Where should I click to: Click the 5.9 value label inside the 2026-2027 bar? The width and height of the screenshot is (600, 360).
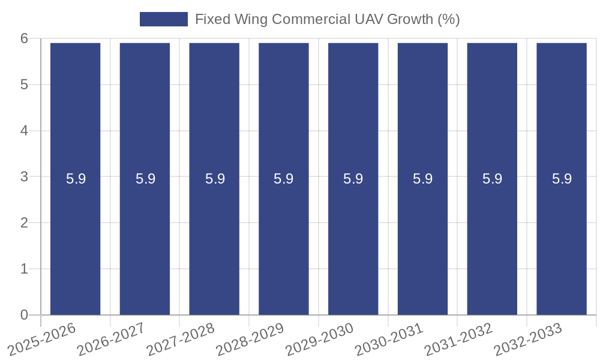(x=145, y=179)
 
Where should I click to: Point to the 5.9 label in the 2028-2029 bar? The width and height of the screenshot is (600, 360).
(x=283, y=179)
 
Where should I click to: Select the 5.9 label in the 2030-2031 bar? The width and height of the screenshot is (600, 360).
(x=422, y=179)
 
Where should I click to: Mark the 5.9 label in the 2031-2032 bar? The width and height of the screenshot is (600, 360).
(x=492, y=179)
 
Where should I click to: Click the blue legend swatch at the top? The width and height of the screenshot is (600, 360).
(x=163, y=19)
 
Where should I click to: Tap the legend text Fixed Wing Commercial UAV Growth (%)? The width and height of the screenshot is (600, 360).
(x=327, y=19)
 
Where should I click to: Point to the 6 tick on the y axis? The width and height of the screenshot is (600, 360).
(x=24, y=38)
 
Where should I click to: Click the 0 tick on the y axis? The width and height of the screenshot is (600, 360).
(x=24, y=315)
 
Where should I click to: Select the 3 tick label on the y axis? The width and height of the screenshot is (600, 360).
(x=24, y=176)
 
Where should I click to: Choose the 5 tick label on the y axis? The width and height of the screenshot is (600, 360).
(x=24, y=85)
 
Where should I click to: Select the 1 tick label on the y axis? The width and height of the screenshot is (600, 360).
(x=24, y=269)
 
